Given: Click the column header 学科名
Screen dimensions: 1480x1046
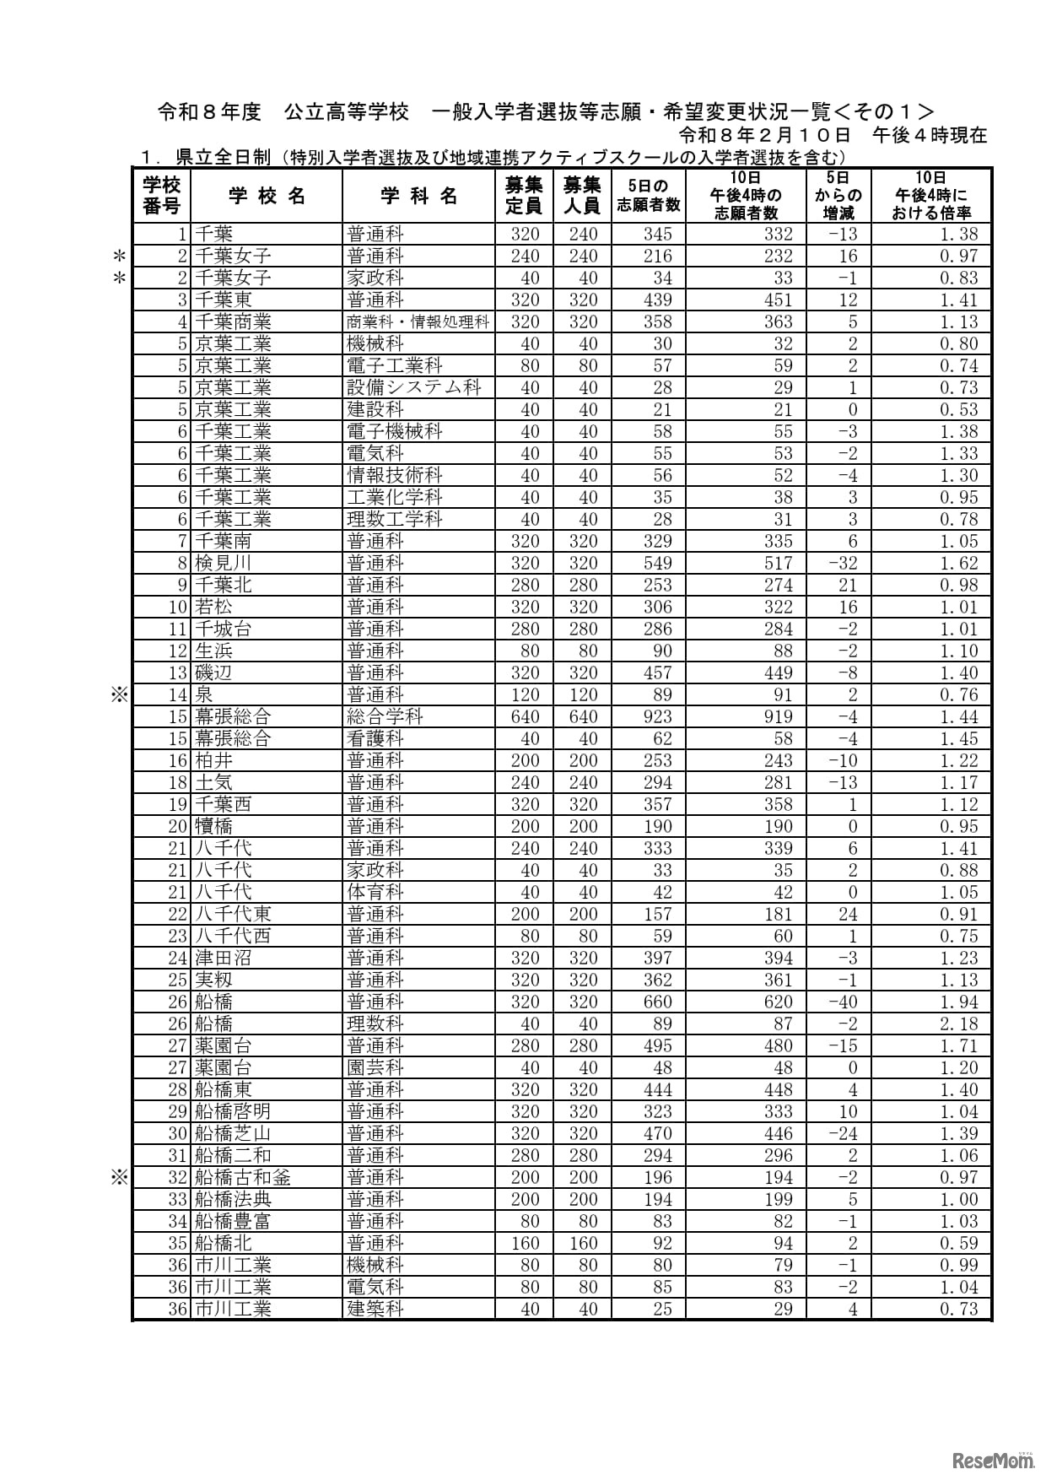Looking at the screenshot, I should (418, 196).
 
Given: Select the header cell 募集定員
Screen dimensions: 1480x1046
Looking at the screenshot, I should (524, 196).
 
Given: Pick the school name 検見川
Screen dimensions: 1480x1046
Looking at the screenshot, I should (223, 563).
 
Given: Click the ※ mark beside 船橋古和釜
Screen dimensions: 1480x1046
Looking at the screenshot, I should (119, 1177).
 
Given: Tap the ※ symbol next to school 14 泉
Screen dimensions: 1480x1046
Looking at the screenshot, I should (119, 694).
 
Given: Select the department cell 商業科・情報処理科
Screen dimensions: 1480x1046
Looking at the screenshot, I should (418, 321).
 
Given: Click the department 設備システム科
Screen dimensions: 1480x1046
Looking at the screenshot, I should (413, 387).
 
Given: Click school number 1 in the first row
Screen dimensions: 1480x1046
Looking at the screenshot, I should (180, 234).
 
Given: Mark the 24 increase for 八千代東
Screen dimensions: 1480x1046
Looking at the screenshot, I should (847, 914).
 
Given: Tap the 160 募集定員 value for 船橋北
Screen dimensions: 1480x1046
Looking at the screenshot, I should (525, 1243).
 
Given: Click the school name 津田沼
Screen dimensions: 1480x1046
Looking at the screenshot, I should (223, 958).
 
